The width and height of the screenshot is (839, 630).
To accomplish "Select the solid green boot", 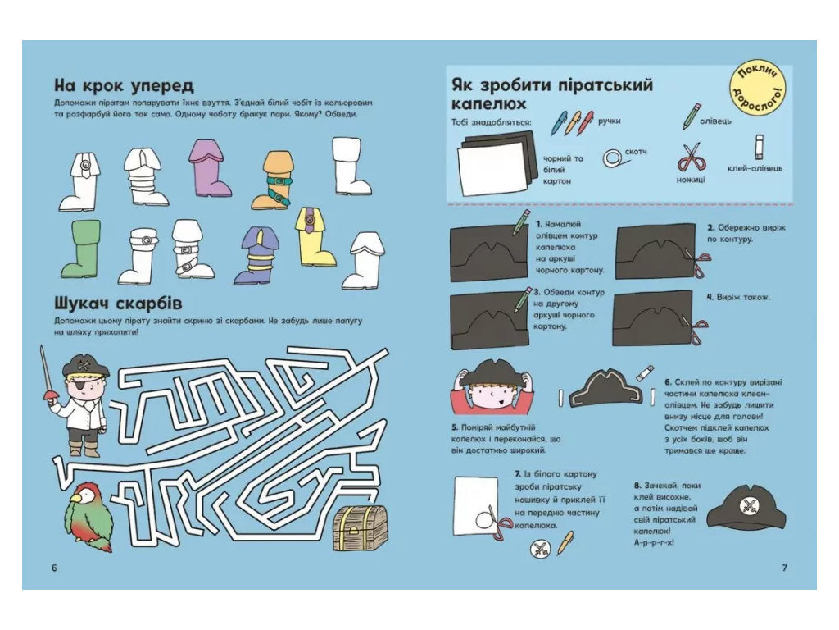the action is (80, 249).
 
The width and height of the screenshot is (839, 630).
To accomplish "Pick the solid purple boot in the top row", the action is (209, 167).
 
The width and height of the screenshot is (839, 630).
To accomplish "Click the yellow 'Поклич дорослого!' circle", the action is (760, 88).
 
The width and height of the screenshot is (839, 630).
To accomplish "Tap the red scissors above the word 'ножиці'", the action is (692, 157).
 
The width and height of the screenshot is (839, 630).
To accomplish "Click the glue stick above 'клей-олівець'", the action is (759, 147).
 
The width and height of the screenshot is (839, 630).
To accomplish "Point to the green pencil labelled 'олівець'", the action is (691, 116).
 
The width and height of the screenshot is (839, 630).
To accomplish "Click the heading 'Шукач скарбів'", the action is (118, 304).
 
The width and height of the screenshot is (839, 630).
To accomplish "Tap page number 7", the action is (784, 568).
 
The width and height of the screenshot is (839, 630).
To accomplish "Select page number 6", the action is (54, 568).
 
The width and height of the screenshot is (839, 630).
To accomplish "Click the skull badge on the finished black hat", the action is (747, 504).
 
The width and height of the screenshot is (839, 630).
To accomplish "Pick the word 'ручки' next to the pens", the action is (610, 121).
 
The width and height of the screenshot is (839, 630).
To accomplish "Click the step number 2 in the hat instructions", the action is (711, 228).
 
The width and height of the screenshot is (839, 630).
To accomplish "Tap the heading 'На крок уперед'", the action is (125, 85).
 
